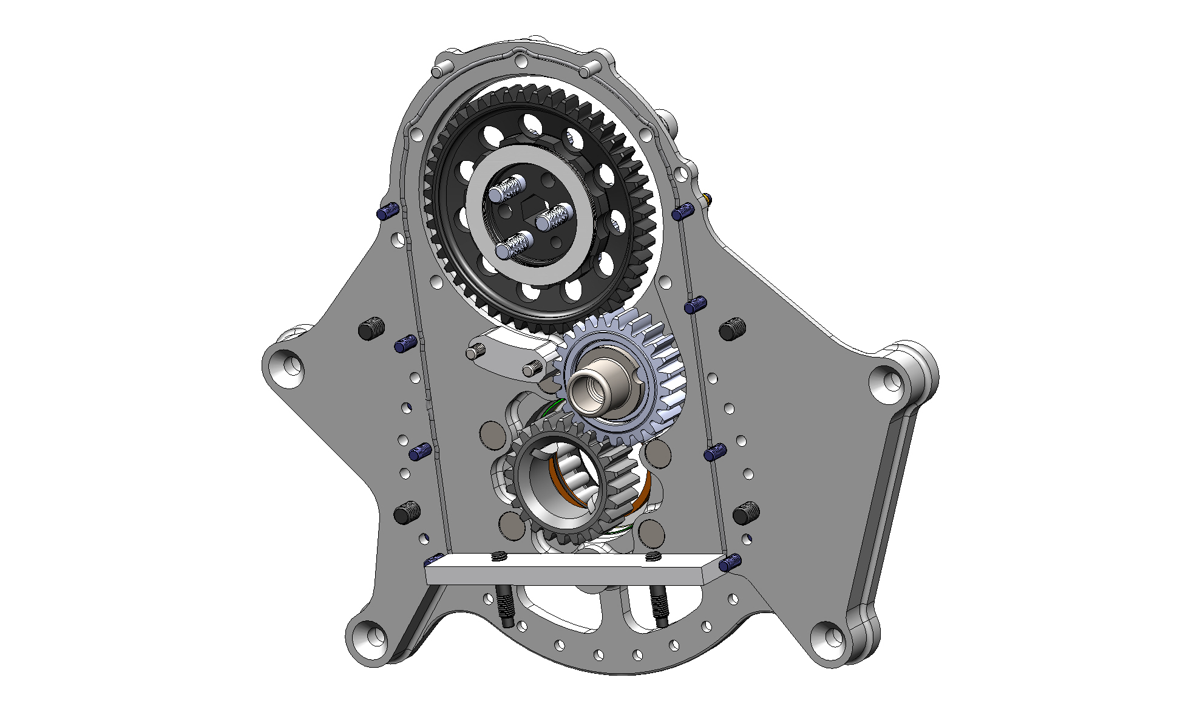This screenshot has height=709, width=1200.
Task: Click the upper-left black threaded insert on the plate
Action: coord(371,328)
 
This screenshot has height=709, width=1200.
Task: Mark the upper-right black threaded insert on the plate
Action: coord(732,328)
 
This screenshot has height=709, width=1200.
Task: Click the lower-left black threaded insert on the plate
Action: coord(407,512)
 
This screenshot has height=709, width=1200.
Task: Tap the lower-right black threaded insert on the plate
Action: coord(746,513)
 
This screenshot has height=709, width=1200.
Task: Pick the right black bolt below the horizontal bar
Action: coord(659,607)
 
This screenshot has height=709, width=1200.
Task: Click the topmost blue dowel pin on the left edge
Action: coord(387,212)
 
